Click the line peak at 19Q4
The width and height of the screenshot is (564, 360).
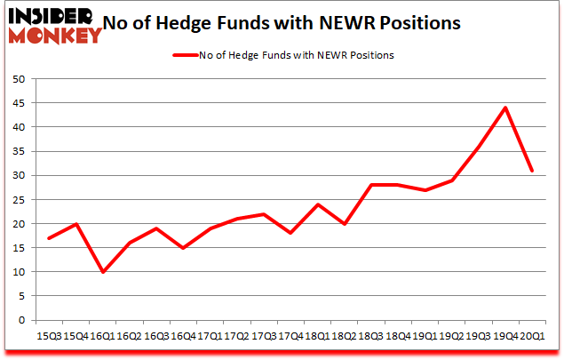(504, 108)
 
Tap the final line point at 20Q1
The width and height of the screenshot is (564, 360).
(531, 171)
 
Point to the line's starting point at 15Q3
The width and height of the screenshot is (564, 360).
(49, 238)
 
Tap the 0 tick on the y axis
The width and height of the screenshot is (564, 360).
(22, 320)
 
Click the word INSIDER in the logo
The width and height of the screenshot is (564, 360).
(52, 16)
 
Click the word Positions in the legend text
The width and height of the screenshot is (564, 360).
(373, 55)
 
